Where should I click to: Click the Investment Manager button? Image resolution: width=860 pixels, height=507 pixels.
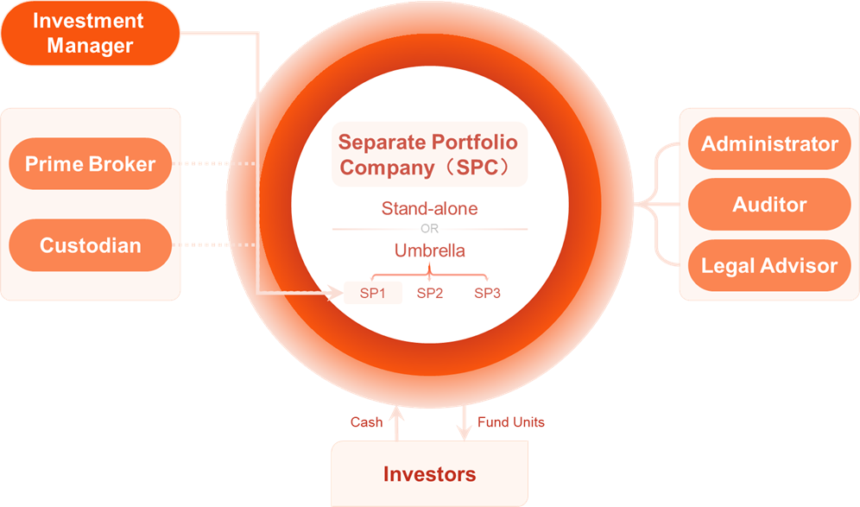click(x=91, y=33)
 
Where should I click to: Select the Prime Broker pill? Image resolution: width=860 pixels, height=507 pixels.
click(x=91, y=163)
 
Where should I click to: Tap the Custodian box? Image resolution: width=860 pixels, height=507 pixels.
click(x=91, y=245)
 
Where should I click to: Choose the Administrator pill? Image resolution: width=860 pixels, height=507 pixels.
click(x=769, y=143)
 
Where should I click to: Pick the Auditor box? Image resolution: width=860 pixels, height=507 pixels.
click(x=769, y=204)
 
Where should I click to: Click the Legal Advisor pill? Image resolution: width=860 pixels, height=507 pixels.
click(x=769, y=265)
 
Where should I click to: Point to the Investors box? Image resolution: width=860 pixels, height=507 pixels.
click(x=429, y=473)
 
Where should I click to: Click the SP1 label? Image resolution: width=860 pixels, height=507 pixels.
click(x=372, y=293)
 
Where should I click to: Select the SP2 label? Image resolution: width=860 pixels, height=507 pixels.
click(x=429, y=293)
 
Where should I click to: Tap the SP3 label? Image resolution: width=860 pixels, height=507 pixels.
click(x=487, y=293)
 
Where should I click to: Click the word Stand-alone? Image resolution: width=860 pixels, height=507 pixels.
click(x=429, y=208)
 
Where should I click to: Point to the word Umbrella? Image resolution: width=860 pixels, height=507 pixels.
click(x=429, y=250)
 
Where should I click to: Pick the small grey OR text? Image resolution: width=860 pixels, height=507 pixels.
click(x=429, y=228)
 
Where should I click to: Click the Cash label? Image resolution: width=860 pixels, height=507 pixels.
click(x=366, y=422)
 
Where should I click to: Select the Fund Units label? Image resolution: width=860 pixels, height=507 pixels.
click(x=510, y=422)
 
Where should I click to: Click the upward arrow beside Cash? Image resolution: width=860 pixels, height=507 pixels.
click(x=396, y=423)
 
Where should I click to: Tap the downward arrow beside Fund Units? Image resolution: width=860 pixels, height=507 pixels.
click(x=464, y=423)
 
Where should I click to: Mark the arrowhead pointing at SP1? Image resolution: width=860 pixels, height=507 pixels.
click(x=336, y=293)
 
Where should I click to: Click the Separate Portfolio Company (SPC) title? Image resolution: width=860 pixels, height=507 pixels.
click(x=428, y=155)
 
